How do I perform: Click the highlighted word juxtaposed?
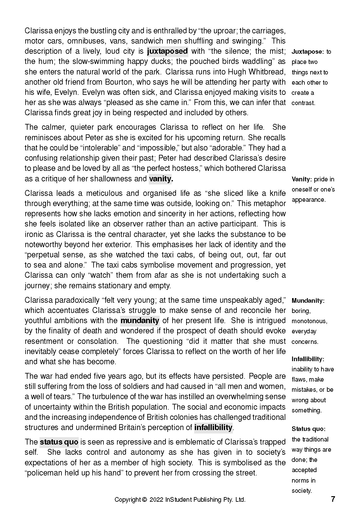coord(167,51)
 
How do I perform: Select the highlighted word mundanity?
coord(140,321)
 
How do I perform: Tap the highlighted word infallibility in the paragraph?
coord(213,428)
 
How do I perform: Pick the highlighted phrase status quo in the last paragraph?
coord(59,442)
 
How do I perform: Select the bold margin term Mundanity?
coord(308,301)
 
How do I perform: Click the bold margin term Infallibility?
coord(308,359)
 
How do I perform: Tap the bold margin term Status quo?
coord(308,429)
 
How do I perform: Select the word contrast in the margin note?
coord(303,103)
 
